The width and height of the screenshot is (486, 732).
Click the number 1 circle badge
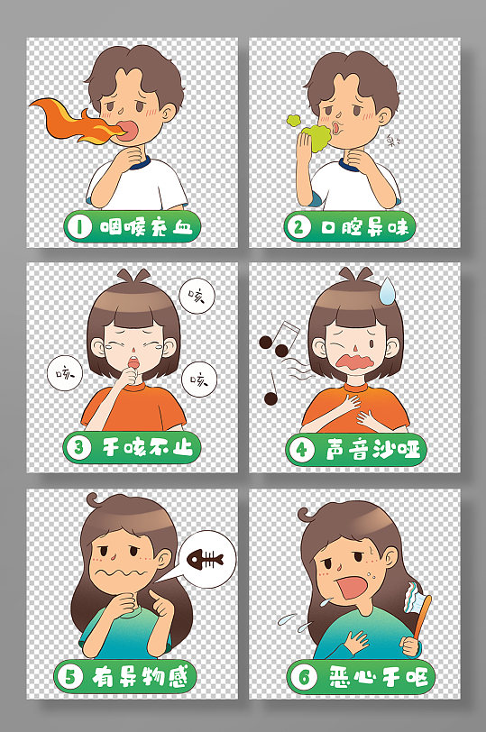(79, 227)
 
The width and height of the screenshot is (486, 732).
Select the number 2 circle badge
(298, 227)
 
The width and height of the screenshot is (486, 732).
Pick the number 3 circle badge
(78, 447)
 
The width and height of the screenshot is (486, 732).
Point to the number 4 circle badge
(301, 450)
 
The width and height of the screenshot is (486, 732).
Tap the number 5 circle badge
(70, 676)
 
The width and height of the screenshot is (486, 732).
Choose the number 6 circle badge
(304, 677)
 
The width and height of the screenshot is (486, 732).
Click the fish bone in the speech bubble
(206, 559)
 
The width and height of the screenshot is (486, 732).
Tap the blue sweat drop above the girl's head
(386, 290)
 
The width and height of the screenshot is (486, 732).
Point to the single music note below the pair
(271, 389)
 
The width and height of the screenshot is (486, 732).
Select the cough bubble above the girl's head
(197, 296)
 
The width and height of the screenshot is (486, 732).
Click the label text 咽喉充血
(147, 227)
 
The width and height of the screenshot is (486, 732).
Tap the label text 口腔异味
(364, 227)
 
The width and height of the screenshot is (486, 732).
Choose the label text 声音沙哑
(372, 450)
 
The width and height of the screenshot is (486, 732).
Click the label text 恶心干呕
(377, 677)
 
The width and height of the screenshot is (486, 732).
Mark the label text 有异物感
(140, 676)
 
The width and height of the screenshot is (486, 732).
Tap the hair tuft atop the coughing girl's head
(133, 275)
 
